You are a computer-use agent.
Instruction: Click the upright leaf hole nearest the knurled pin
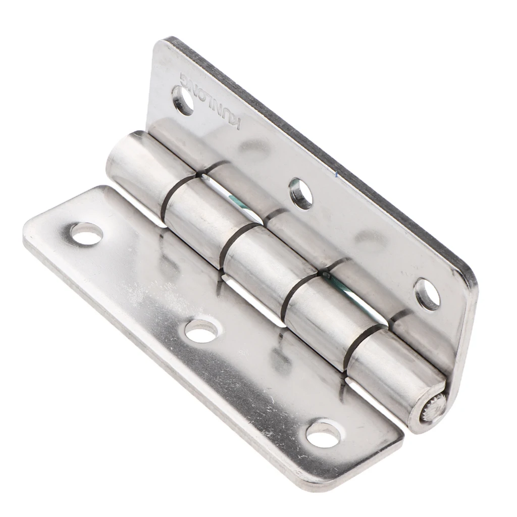coord(427,294)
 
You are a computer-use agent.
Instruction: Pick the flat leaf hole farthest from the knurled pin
coord(86,234)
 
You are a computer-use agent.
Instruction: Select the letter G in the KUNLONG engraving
coord(183,79)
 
